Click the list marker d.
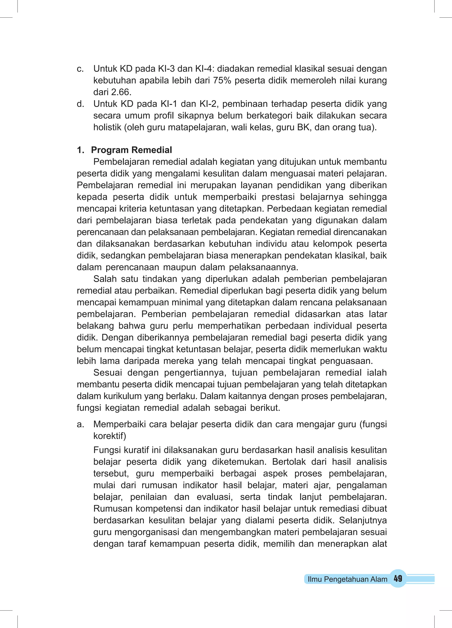pyautogui.click(x=80, y=104)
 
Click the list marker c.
pyautogui.click(x=80, y=69)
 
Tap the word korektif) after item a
pyautogui.click(x=109, y=436)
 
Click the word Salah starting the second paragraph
pyautogui.click(x=105, y=279)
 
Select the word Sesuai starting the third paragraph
pyautogui.click(x=108, y=373)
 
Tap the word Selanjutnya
pyautogui.click(x=363, y=520)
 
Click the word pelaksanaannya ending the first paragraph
pyautogui.click(x=264, y=267)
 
